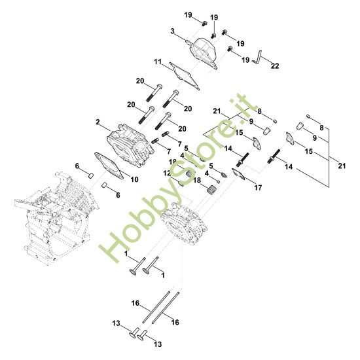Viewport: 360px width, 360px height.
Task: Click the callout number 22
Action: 275,66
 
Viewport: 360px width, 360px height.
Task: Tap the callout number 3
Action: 172,31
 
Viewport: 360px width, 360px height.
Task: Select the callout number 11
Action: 158,62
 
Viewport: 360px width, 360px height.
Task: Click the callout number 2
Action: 98,122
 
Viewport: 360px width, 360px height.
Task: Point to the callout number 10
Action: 135,179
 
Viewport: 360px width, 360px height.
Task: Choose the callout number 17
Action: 258,188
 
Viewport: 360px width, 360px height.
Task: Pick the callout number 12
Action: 167,173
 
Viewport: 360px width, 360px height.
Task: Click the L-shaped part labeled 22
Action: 258,58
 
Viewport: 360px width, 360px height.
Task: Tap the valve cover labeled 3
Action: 203,52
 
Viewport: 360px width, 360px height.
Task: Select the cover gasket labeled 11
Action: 185,76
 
